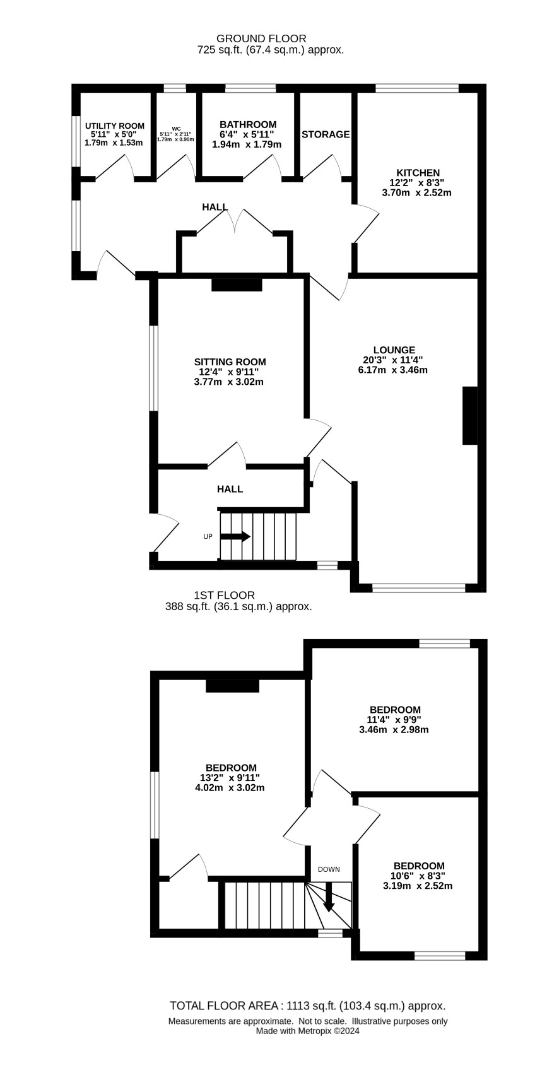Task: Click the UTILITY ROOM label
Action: click(x=114, y=126)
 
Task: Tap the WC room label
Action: click(x=176, y=129)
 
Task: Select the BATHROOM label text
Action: click(x=248, y=124)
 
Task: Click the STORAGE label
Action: click(x=326, y=134)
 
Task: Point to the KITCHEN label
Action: click(x=418, y=173)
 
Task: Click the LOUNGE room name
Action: click(x=394, y=350)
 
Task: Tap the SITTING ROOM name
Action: click(x=230, y=362)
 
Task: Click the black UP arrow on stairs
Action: click(x=235, y=536)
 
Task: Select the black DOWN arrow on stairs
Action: click(x=329, y=897)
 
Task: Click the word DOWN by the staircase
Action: click(x=329, y=869)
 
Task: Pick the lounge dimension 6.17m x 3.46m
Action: click(x=392, y=370)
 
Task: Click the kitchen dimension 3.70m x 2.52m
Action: click(x=416, y=193)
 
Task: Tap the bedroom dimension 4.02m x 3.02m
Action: click(x=230, y=787)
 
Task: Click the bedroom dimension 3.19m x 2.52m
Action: click(x=418, y=886)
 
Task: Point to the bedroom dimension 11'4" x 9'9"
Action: click(x=395, y=719)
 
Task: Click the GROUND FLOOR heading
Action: click(x=261, y=38)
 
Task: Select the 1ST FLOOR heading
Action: click(x=224, y=596)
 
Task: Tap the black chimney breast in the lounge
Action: click(x=470, y=416)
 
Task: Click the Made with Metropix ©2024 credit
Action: click(x=307, y=1030)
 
